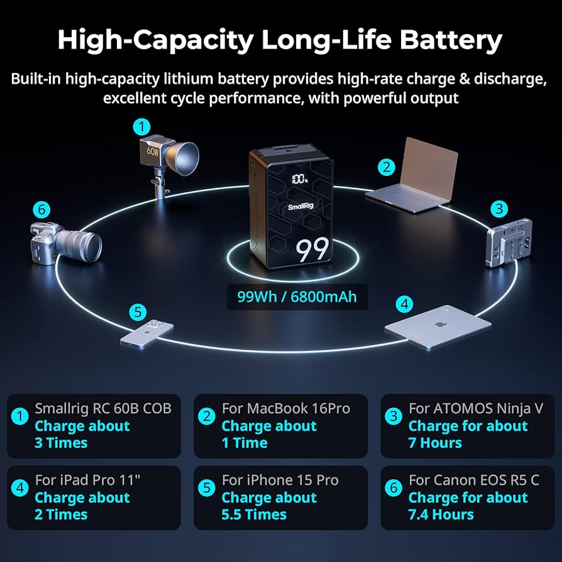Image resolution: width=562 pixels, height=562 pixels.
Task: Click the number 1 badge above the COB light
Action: [142, 126]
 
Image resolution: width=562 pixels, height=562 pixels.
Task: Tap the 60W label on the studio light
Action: [153, 152]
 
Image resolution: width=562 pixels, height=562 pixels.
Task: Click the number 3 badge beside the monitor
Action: [499, 208]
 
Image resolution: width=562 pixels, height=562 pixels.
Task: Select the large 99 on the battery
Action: [312, 250]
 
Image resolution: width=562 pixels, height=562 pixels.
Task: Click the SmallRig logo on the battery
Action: [303, 206]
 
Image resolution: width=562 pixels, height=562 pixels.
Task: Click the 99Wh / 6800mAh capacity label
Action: [297, 296]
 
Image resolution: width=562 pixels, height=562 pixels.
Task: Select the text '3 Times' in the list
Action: [61, 443]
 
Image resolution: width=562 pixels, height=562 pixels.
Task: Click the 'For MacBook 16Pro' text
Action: [285, 409]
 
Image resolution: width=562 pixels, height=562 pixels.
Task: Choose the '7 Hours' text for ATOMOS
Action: [435, 443]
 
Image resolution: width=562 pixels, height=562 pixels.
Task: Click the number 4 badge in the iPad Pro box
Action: [20, 488]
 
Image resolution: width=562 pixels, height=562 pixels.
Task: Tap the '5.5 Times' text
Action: [254, 514]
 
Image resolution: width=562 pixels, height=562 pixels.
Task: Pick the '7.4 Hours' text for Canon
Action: [441, 514]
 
